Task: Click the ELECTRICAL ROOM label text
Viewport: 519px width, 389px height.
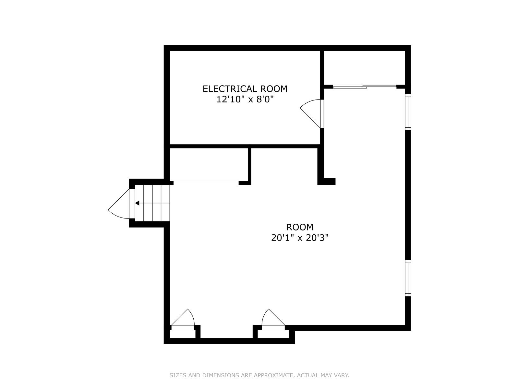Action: pos(245,89)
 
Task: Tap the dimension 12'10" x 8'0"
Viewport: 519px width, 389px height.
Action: pos(245,100)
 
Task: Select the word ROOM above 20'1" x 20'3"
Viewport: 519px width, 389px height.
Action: pos(300,227)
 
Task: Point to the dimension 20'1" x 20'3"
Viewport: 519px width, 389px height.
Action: pos(300,238)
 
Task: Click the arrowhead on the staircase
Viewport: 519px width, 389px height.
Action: pos(137,203)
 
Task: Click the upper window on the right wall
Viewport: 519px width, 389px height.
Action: pos(408,112)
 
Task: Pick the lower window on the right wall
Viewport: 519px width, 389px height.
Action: pos(408,278)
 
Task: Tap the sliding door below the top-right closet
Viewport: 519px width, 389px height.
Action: pos(365,87)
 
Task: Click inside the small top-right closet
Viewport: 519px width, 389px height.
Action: pos(364,68)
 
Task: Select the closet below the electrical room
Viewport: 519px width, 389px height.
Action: pos(209,164)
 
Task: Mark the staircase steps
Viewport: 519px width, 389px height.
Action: pos(152,203)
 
